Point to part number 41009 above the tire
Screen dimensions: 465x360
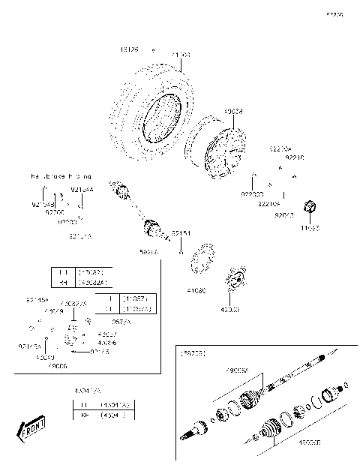point(181,55)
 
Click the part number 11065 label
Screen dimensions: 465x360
point(309,226)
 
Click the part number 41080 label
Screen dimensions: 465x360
point(196,289)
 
